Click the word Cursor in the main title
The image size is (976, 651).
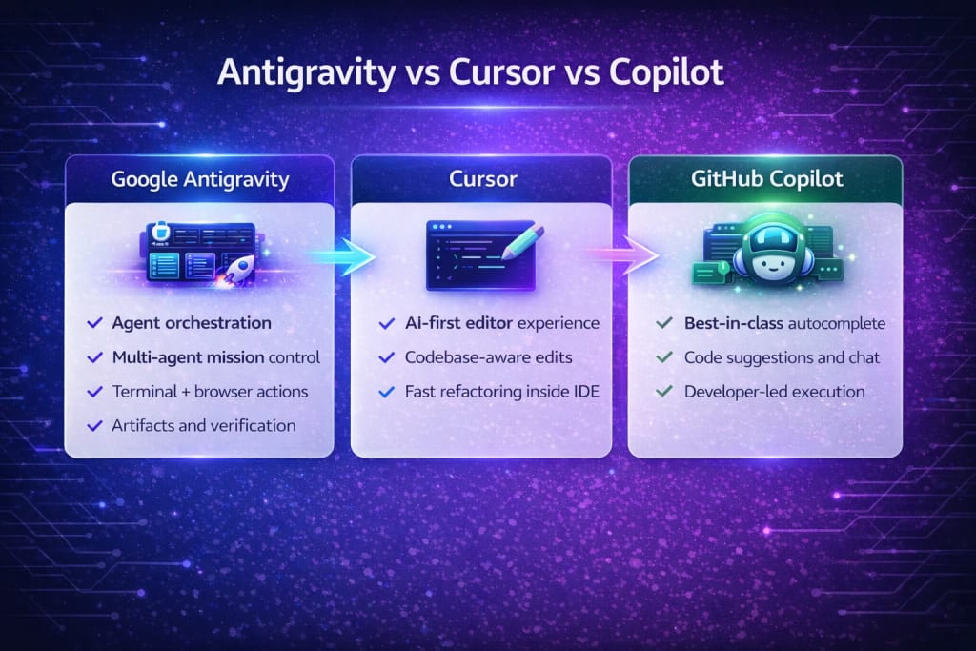coord(501,72)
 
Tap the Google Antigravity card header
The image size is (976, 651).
coord(200,179)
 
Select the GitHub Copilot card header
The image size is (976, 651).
coord(767,179)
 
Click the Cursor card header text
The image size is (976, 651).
coord(482,179)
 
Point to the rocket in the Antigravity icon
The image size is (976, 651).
coord(237,270)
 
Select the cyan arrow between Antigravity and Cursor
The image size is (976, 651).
coord(341,255)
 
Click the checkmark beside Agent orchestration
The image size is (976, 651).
coord(94,322)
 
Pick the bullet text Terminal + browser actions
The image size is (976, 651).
coord(210,392)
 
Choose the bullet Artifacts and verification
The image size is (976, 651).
coord(204,426)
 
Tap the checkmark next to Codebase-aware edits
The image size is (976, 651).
coord(387,357)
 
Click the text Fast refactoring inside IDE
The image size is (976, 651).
coord(501,392)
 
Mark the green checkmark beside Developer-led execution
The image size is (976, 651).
coord(664,391)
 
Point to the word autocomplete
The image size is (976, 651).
coord(837,324)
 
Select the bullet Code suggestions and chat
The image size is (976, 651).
coord(782,357)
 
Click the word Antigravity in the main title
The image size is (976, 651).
coord(306,73)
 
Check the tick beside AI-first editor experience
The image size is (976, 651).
coord(387,323)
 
